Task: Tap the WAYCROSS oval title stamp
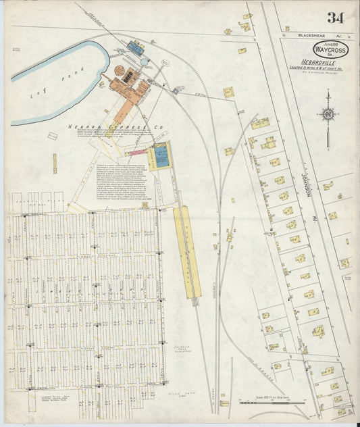[330, 49]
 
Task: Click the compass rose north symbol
[328, 115]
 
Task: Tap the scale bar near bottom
[272, 403]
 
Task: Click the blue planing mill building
[161, 157]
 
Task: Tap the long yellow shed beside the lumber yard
[187, 250]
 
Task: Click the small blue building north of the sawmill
[137, 47]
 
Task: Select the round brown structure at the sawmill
[120, 70]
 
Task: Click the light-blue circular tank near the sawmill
[145, 62]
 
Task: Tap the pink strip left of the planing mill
[138, 153]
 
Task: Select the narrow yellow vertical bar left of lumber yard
[55, 163]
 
